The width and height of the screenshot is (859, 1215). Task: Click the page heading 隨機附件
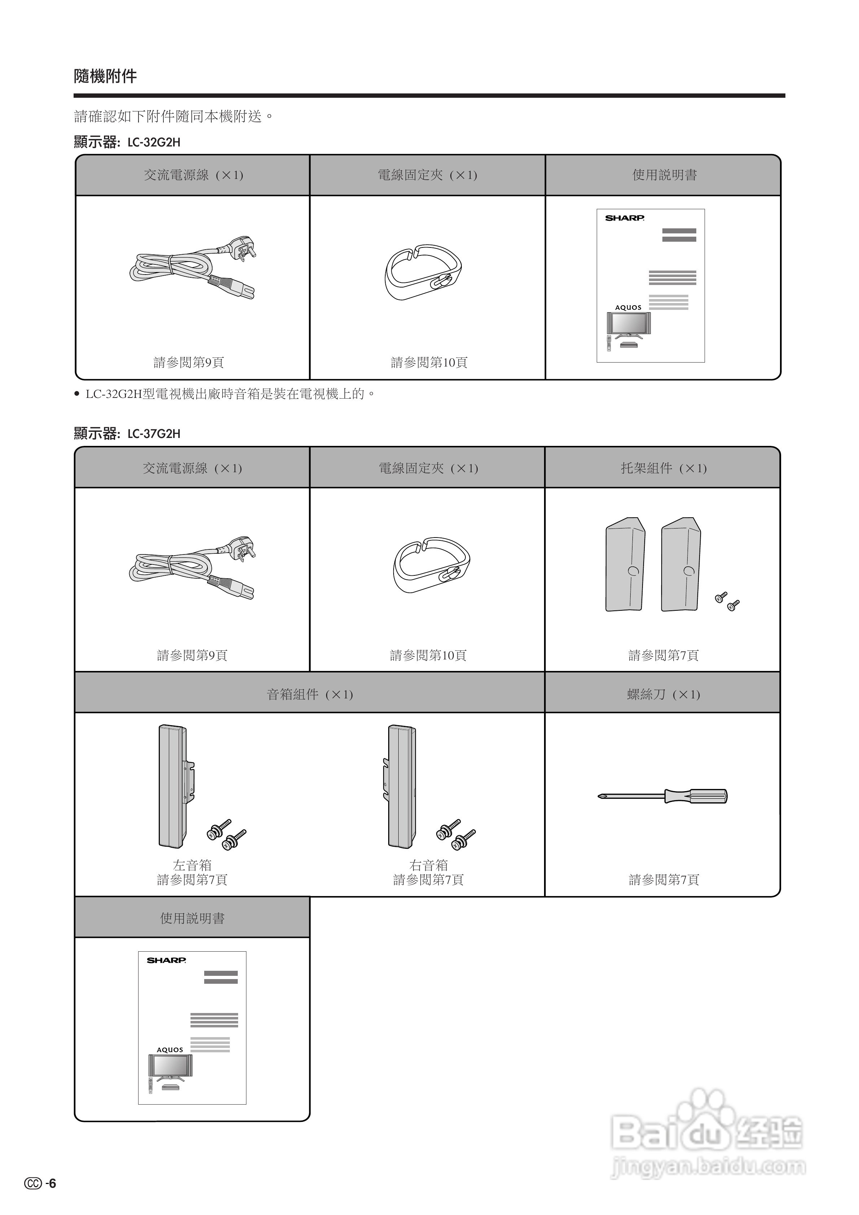click(105, 76)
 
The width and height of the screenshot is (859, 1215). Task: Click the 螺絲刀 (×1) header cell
click(663, 694)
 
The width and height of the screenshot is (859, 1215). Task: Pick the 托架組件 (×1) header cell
click(663, 468)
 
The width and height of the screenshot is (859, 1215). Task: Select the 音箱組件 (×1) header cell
click(310, 694)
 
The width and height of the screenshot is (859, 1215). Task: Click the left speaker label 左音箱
click(192, 865)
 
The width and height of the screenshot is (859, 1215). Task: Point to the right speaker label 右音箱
click(429, 865)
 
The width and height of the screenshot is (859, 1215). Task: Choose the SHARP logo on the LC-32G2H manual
click(624, 218)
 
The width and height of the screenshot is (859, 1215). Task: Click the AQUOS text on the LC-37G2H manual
click(169, 1050)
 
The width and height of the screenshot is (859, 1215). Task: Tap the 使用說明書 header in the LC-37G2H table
click(192, 918)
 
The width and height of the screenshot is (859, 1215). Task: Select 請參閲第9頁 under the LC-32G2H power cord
click(189, 363)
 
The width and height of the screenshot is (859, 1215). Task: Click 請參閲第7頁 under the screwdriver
click(664, 880)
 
